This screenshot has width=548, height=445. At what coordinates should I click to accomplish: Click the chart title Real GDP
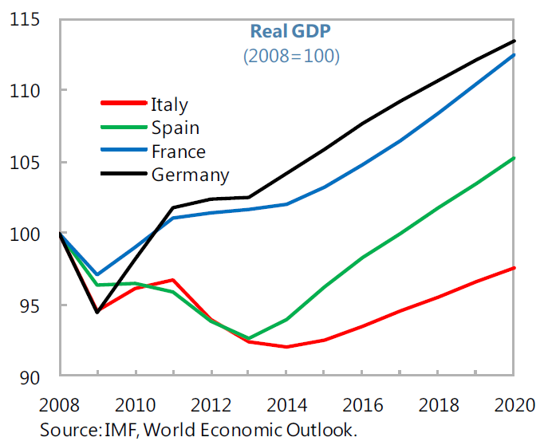[x=290, y=31]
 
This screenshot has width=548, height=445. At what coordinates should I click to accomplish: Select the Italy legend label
[x=169, y=104]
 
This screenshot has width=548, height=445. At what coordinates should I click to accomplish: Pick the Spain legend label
[x=175, y=128]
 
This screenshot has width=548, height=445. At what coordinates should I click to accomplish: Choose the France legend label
[x=178, y=152]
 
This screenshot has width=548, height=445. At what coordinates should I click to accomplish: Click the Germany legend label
[x=190, y=175]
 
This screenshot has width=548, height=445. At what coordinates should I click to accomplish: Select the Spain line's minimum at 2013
[x=249, y=338]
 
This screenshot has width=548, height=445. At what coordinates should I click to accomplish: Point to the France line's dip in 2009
[x=97, y=274]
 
